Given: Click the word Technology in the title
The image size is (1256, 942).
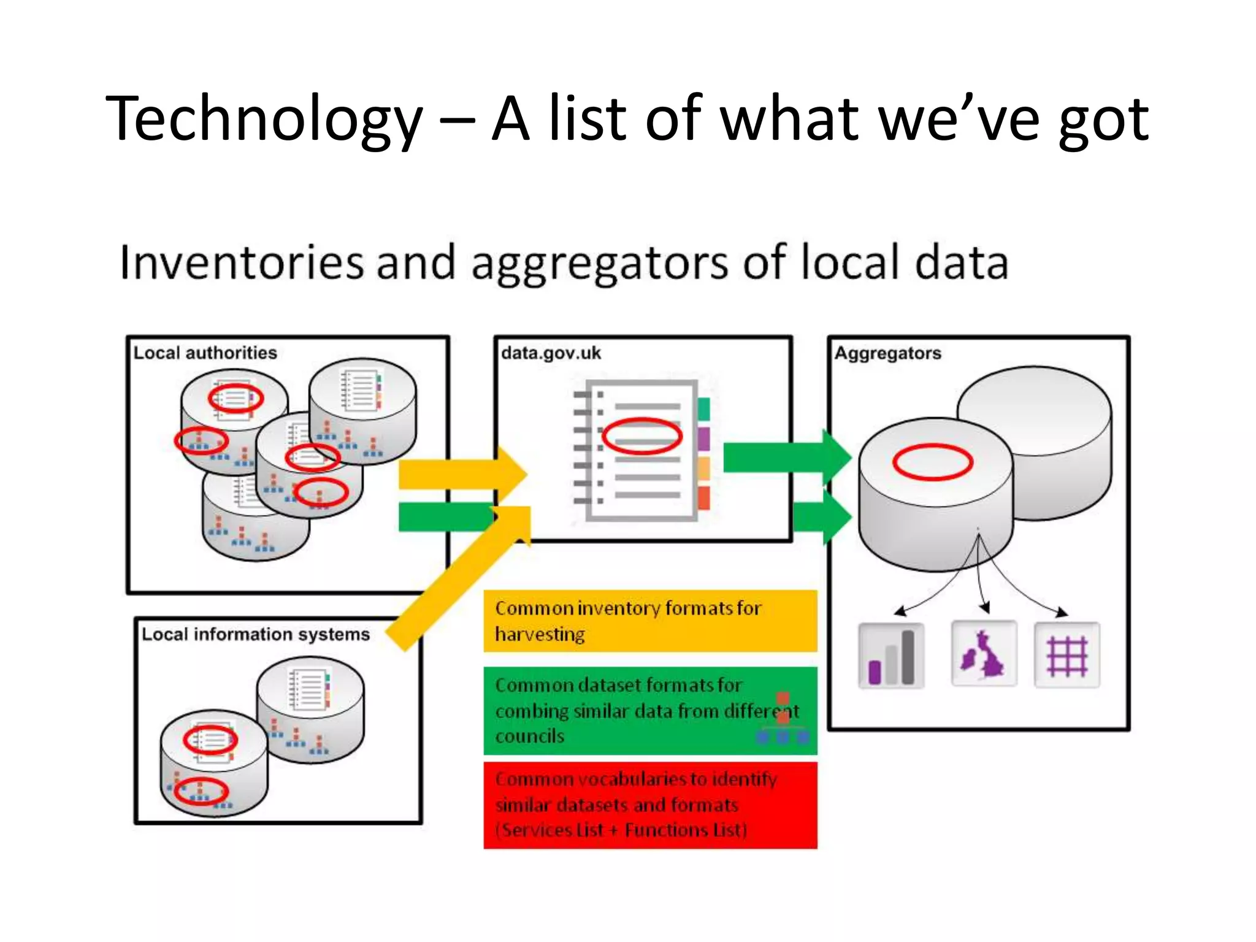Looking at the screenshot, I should tap(264, 120).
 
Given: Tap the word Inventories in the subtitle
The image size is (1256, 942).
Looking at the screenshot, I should tap(241, 262).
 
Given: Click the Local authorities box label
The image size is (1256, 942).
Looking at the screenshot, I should tap(205, 353).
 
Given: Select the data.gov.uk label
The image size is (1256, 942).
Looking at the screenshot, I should tap(551, 353).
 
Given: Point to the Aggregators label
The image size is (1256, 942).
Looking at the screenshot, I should tap(887, 353).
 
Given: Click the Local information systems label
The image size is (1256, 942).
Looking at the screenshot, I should tap(256, 634).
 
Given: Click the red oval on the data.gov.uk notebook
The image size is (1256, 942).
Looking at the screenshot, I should tap(641, 436).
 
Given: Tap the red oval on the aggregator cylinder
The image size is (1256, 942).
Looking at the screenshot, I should tap(932, 461).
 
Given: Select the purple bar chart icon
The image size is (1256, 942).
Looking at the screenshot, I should tap(891, 656).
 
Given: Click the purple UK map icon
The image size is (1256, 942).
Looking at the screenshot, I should tap(984, 654).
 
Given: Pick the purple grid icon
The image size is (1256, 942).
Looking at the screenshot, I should tap(1066, 655).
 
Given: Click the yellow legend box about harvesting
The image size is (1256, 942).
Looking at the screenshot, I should tap(650, 621).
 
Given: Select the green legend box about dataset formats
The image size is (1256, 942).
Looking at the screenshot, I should tap(650, 710).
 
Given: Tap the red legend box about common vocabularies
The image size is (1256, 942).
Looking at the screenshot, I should tap(650, 805).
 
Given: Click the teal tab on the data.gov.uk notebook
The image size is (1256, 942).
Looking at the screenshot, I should tap(703, 409).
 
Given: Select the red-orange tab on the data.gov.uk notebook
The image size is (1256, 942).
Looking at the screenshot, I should tap(703, 497).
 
